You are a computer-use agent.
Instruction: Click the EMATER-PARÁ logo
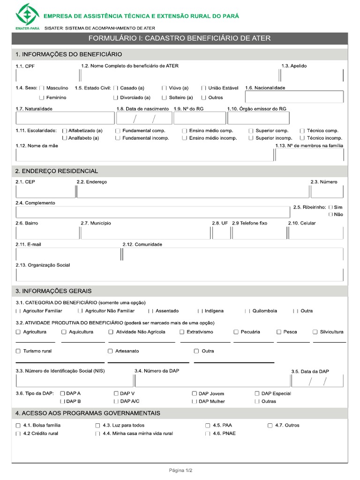pos(27,16)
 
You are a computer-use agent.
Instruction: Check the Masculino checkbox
pos(42,88)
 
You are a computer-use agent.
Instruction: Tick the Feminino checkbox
pos(42,97)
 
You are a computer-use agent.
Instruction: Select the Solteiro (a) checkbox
pos(164,97)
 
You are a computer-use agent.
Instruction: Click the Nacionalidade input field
pos(294,97)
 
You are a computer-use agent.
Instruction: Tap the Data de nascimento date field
pos(144,118)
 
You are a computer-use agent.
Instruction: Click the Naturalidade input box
pos(65,118)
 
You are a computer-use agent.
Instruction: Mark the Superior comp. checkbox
pos(251,131)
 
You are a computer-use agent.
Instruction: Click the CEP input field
pos(45,191)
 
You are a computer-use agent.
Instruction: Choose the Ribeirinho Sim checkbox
pos(331,207)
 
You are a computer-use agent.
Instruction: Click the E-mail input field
pos(68,254)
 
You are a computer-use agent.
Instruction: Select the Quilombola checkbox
pos(247,311)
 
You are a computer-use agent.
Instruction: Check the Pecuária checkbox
pos(236,332)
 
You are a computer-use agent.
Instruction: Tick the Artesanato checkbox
pos(111,351)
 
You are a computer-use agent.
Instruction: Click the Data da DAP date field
pos(317,381)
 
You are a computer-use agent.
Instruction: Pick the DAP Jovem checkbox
pos(194,394)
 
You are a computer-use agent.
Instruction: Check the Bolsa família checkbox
pos(18,426)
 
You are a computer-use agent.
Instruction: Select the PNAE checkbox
pos(208,434)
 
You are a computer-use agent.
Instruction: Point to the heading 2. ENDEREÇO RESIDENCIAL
pos(57,171)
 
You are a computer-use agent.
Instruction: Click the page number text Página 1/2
pos(180,470)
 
